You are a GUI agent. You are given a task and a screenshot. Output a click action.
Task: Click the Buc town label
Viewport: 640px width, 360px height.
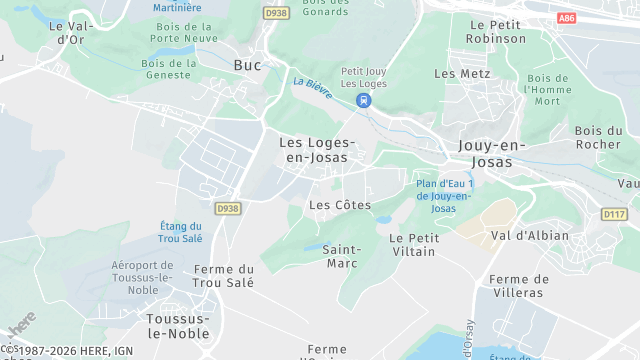pos(247,65)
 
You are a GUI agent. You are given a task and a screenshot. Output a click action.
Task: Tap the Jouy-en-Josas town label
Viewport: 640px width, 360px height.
pos(491,153)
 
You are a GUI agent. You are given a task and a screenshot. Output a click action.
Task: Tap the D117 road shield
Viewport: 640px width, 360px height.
pos(614,214)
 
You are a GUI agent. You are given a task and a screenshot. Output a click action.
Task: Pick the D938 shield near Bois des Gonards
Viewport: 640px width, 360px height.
pos(276,13)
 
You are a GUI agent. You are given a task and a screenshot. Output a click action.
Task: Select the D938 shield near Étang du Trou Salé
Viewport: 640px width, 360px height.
pos(228,208)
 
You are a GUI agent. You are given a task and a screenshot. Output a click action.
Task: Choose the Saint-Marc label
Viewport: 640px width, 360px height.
pos(343,256)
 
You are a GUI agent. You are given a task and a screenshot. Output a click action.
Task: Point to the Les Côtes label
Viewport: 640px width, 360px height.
pos(340,205)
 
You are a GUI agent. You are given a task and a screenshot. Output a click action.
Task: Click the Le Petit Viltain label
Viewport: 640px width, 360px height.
pos(413,244)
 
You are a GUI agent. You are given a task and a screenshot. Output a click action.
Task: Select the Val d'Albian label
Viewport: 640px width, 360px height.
pos(529,236)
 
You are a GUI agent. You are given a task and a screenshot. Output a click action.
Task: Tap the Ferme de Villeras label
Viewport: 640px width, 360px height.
pos(517,286)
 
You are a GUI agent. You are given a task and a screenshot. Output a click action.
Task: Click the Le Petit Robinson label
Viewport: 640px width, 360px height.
pos(496,31)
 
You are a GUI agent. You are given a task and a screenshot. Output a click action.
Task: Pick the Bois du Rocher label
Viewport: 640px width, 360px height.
pos(598,137)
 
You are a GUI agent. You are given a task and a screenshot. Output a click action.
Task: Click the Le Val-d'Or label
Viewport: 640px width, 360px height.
pos(70,33)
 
